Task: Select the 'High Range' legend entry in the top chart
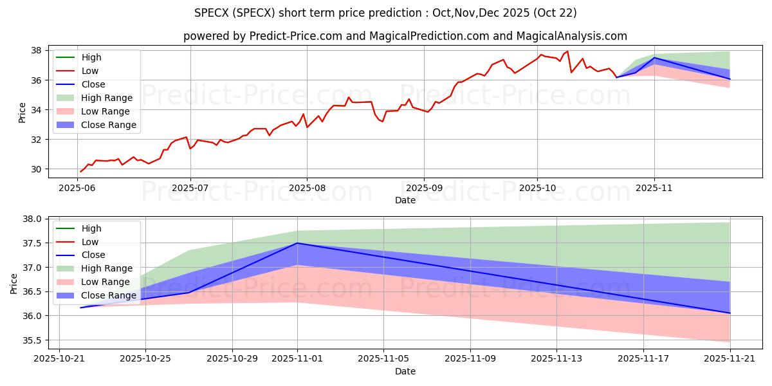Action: [106, 98]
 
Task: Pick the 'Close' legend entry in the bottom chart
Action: [94, 255]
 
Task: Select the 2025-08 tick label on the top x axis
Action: [307, 188]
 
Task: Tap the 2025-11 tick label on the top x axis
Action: [654, 188]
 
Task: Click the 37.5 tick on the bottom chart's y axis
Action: [32, 243]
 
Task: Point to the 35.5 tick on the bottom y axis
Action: [32, 340]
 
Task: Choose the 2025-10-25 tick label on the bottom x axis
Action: [145, 359]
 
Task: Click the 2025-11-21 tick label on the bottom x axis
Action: [730, 359]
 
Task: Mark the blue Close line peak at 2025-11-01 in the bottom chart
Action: [297, 243]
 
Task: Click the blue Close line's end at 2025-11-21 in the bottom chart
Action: [730, 313]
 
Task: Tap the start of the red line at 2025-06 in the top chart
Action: [80, 172]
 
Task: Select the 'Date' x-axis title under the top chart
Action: [405, 200]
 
